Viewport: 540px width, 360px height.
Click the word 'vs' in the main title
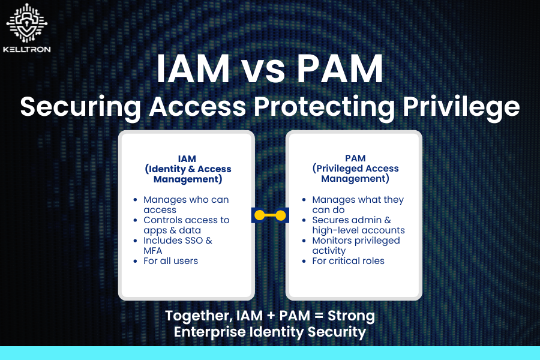(270, 71)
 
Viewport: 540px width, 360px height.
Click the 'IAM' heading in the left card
(187, 158)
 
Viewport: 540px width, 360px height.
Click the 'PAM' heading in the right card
(355, 158)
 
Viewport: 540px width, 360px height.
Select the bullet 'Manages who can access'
(186, 205)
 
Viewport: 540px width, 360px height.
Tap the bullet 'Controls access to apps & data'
(186, 225)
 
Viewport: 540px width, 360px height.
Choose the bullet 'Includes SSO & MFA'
(178, 245)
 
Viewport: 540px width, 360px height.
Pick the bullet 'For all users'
(170, 261)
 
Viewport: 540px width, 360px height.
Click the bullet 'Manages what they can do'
(358, 205)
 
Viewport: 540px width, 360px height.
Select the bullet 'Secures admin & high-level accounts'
(358, 225)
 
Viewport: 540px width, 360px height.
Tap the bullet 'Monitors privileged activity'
(356, 245)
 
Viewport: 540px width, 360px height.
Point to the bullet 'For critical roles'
(348, 261)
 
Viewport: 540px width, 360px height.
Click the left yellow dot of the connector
(259, 215)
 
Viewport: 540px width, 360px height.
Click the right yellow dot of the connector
(280, 215)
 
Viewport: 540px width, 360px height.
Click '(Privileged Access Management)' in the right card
(355, 173)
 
